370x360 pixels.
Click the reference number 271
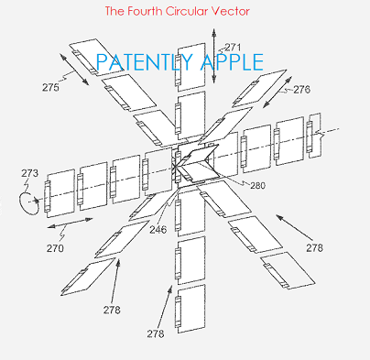233,46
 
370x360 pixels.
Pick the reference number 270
56,246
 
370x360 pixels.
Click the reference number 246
158,229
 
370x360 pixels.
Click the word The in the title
116,12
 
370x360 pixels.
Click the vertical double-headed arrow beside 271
213,59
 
